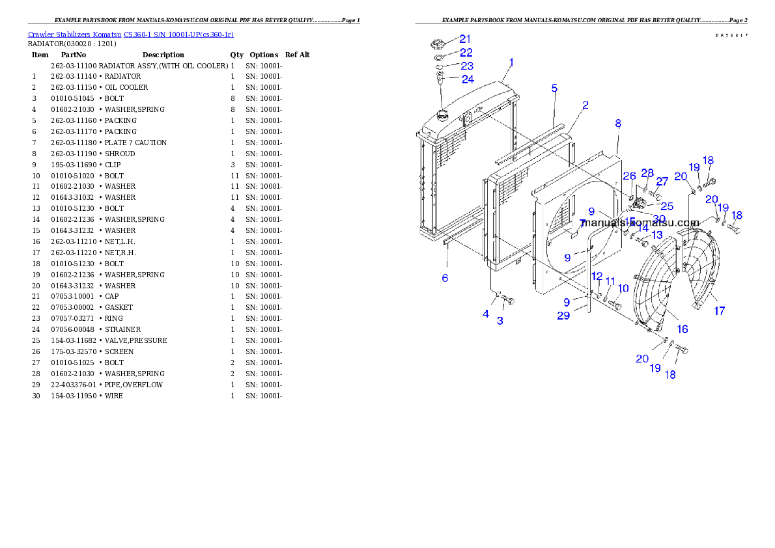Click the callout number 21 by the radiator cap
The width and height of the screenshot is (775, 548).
pos(466,39)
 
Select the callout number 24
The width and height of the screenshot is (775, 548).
pos(468,79)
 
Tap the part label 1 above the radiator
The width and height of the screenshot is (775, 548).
pos(511,62)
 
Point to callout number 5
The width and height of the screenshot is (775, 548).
pos(554,88)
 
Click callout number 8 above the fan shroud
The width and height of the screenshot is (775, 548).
pos(617,123)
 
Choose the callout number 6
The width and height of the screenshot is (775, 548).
pos(445,278)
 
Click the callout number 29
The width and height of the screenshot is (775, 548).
pos(563,316)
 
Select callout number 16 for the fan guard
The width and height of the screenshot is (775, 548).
pos(682,329)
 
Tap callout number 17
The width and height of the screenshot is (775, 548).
pos(719,311)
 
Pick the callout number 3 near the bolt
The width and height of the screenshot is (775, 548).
pos(500,321)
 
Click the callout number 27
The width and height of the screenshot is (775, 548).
pos(662,182)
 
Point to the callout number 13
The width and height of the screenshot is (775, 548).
pos(657,234)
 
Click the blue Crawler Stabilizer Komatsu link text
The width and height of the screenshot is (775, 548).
pos(130,34)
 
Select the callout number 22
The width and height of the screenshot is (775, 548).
pos(466,53)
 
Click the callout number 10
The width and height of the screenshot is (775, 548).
pos(623,288)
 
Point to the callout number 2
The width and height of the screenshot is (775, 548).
pos(585,105)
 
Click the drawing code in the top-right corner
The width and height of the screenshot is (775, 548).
pos(731,35)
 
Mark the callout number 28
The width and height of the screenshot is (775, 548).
pos(647,172)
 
